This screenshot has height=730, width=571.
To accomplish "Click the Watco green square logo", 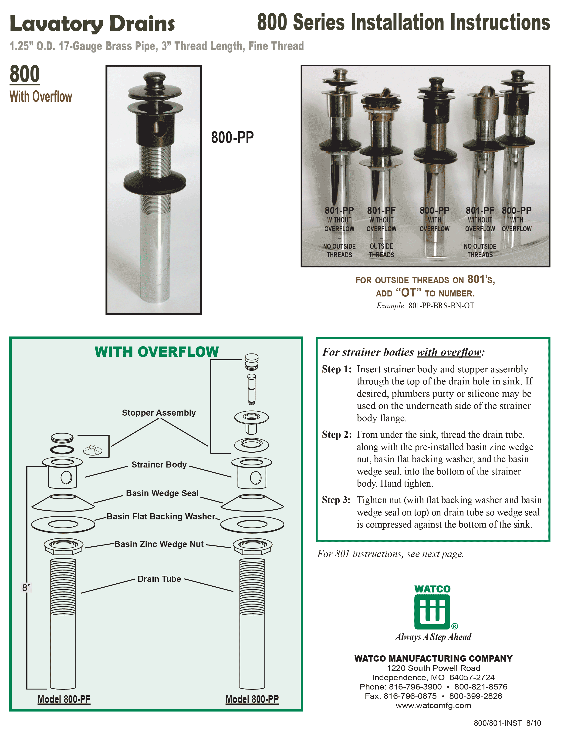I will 432,613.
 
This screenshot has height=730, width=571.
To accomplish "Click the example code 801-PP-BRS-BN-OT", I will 441,306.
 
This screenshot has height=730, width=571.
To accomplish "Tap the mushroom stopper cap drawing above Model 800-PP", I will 251,361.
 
